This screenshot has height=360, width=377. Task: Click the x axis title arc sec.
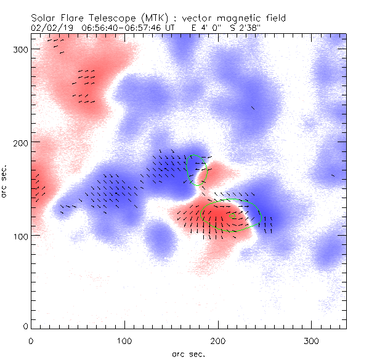click(188, 353)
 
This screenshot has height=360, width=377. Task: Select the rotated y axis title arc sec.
click(5, 182)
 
